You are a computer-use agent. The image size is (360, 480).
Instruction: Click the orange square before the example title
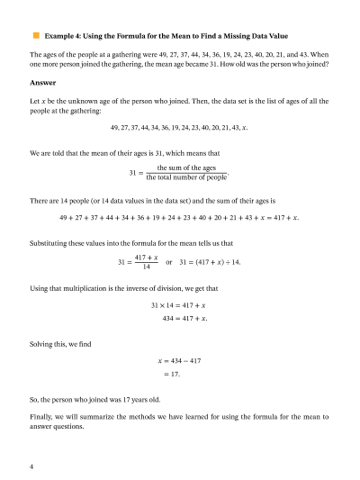(37, 35)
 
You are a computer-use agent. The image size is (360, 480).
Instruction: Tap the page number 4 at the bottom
(31, 466)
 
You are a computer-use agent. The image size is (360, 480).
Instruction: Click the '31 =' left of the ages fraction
(136, 172)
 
